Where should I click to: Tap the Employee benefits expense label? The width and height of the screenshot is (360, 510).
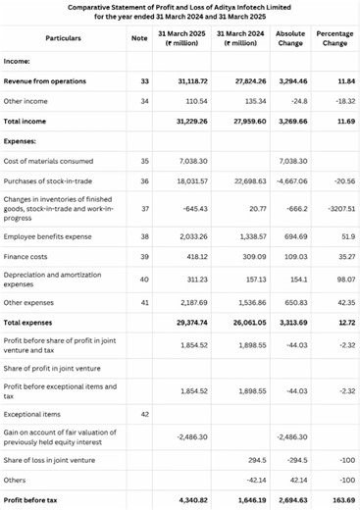coord(49,236)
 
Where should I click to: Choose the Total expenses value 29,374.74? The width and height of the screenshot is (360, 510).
coord(188,321)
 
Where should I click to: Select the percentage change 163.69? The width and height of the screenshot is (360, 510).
coord(336,501)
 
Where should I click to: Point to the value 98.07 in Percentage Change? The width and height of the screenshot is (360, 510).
coord(338,280)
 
